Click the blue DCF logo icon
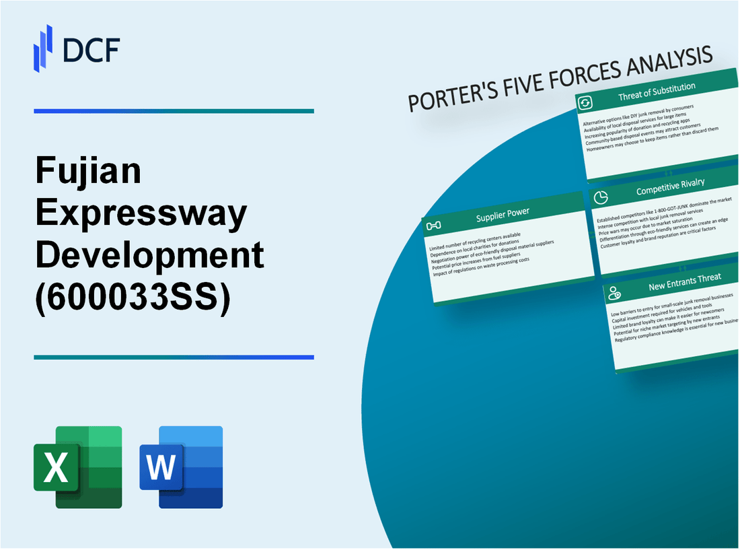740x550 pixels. [42, 48]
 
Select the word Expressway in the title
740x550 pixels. [141, 213]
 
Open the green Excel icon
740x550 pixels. [78, 467]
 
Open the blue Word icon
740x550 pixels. [182, 467]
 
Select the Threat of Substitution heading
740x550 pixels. [657, 96]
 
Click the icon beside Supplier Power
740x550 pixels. [434, 225]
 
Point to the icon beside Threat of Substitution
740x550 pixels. [585, 102]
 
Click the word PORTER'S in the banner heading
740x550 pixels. [444, 98]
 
